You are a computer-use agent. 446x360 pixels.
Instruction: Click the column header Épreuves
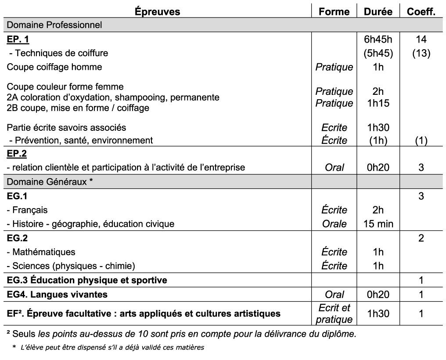(158, 12)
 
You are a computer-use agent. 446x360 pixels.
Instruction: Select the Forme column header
(334, 12)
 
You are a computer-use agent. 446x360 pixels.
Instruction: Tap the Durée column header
(378, 12)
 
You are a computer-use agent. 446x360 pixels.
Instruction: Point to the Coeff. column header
(421, 12)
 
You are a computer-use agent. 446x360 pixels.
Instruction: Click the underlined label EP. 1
(18, 40)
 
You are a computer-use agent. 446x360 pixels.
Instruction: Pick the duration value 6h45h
(378, 40)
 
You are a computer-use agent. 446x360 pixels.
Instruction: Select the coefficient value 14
(421, 40)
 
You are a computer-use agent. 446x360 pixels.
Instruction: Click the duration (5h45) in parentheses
(378, 53)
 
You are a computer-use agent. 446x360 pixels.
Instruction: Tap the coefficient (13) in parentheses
(421, 53)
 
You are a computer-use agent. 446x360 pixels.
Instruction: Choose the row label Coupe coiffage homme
(54, 67)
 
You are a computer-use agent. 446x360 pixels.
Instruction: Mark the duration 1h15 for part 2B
(378, 103)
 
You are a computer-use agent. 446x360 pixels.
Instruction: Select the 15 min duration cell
(378, 224)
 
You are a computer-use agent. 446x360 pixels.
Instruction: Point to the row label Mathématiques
(43, 252)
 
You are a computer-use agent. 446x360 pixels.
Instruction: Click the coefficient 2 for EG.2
(421, 238)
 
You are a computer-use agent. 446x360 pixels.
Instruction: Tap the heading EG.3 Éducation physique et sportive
(87, 280)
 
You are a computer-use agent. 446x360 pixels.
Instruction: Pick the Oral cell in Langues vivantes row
(334, 295)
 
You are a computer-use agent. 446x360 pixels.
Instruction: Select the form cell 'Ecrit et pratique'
(334, 314)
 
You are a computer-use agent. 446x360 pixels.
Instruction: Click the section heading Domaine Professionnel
(54, 25)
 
